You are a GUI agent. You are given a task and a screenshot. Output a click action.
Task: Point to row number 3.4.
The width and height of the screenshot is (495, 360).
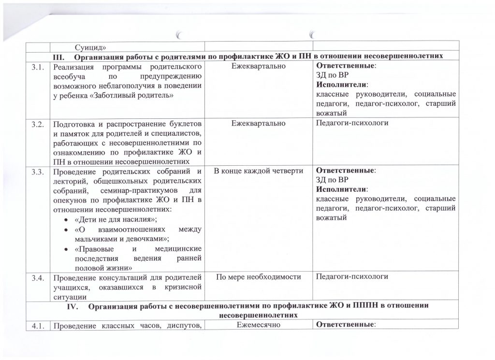point(38,277)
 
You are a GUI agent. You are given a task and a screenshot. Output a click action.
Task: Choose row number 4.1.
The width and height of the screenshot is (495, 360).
point(38,325)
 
